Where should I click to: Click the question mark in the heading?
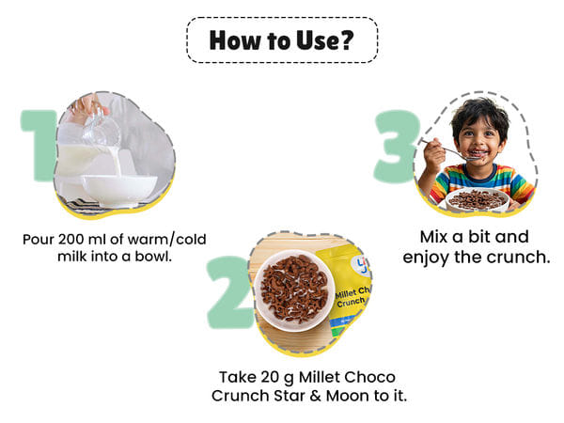[x=346, y=39]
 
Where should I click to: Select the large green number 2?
[x=229, y=291]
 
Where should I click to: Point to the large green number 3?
[x=397, y=146]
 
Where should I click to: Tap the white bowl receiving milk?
[x=119, y=190]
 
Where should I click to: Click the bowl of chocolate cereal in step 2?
[x=294, y=290]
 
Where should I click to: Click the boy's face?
[x=479, y=139]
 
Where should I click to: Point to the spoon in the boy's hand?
[x=452, y=151]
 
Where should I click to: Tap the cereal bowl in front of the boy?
[x=478, y=200]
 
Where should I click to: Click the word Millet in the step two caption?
[x=318, y=377]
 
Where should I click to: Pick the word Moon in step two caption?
[x=348, y=396]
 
